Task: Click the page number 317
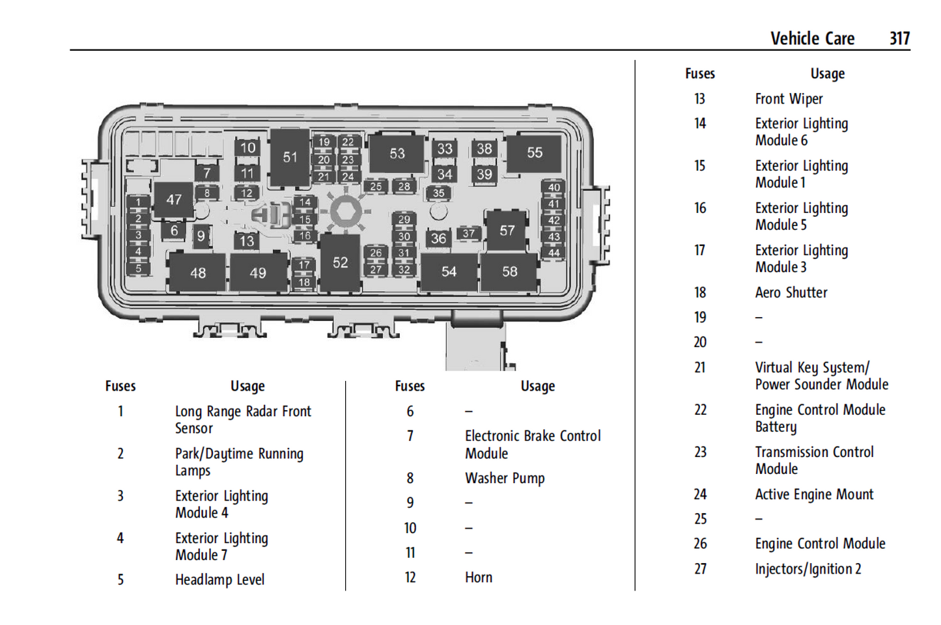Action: click(x=899, y=38)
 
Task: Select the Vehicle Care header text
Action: click(x=812, y=38)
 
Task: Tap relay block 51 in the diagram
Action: click(x=290, y=157)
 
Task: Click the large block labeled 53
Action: click(x=397, y=154)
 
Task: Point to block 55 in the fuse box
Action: click(x=534, y=152)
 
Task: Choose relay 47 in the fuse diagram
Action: click(x=174, y=199)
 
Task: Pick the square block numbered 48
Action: click(x=198, y=273)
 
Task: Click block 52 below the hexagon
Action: click(x=340, y=262)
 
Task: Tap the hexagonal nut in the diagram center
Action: click(x=346, y=212)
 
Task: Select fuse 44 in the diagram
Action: click(x=554, y=253)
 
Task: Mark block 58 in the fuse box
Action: click(x=509, y=271)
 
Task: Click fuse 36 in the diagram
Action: click(x=438, y=239)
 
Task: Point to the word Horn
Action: click(x=479, y=577)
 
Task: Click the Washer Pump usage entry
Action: click(x=505, y=479)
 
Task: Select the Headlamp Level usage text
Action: click(x=219, y=579)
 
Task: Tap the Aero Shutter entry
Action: click(x=791, y=293)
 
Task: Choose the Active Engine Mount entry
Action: click(x=814, y=495)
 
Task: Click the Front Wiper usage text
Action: click(x=789, y=99)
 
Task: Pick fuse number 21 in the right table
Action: click(x=700, y=368)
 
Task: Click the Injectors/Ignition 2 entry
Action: click(x=808, y=569)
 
